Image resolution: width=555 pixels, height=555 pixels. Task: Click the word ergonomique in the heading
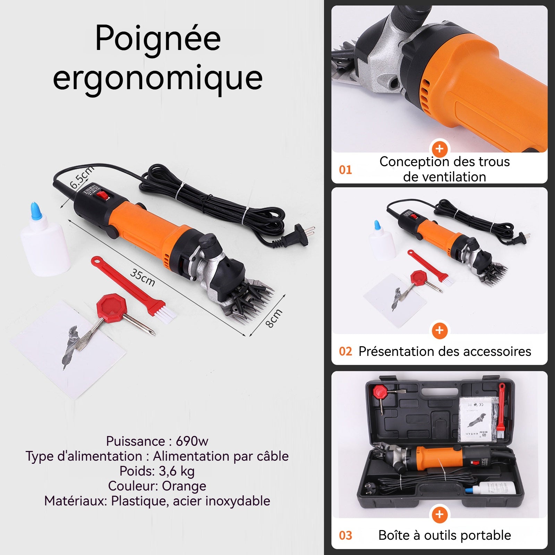tap(158, 78)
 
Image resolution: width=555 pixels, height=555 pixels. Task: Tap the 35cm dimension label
tap(143, 277)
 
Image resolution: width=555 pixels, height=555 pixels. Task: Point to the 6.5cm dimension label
tap(82, 177)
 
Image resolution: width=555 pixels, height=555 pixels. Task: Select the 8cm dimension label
tap(274, 318)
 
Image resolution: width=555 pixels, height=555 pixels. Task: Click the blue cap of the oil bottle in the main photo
tap(36, 210)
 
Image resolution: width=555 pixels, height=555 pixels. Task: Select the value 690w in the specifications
tap(192, 441)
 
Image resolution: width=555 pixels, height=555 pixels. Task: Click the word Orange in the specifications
tap(184, 486)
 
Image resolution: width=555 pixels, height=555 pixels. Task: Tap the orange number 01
tap(345, 170)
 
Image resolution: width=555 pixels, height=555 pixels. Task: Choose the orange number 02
tap(345, 351)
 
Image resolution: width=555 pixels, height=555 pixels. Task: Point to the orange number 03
tap(345, 535)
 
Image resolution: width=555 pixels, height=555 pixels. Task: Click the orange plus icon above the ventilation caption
tap(439, 149)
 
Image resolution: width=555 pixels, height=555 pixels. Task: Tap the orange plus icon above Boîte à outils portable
tap(439, 514)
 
